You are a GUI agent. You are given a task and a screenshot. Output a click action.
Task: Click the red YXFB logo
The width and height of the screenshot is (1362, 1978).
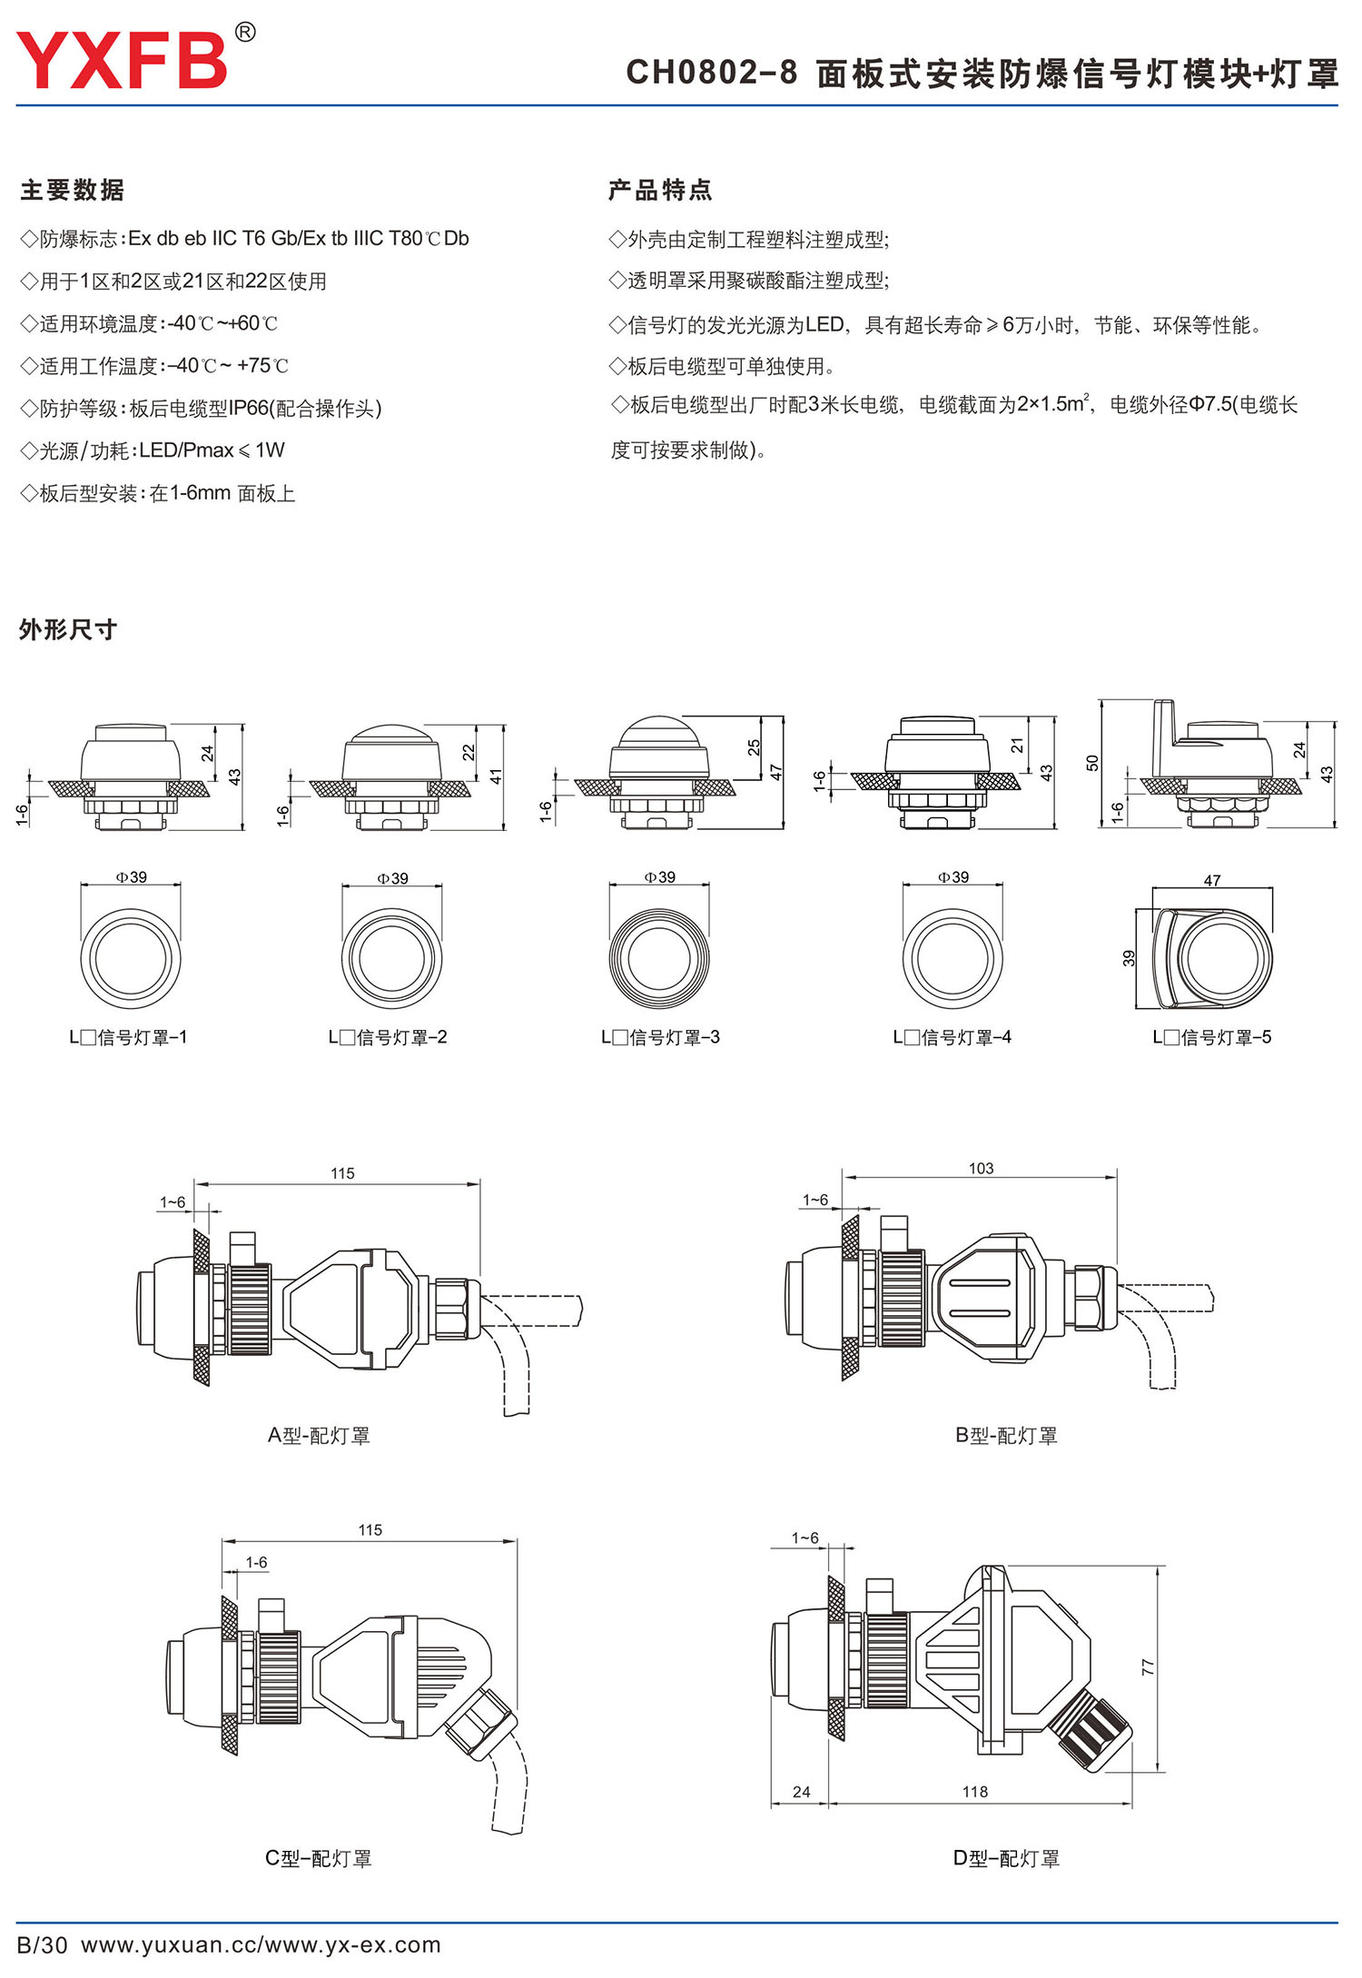point(122,61)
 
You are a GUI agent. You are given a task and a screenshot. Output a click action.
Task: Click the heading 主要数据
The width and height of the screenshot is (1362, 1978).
point(73,190)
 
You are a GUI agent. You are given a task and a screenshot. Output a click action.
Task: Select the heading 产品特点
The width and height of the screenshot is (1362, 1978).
point(660,190)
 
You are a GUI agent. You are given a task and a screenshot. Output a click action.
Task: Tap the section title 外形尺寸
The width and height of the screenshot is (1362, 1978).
point(68,629)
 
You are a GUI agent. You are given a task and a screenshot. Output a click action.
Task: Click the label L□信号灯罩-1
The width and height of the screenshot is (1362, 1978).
point(128,1037)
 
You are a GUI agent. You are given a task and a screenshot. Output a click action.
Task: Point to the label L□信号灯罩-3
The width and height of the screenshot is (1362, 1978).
point(660,1037)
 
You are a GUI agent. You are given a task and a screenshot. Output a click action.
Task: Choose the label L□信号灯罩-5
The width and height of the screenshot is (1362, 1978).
point(1212,1037)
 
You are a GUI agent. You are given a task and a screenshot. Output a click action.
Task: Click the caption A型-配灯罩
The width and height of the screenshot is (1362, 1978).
point(319,1436)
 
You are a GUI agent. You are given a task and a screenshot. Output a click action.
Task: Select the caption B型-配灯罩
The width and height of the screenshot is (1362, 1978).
point(1006,1436)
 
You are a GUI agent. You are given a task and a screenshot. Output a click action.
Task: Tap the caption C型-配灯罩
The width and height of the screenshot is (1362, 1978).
point(319,1858)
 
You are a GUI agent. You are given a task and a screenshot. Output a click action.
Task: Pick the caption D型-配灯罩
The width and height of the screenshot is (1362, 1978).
point(1006,1858)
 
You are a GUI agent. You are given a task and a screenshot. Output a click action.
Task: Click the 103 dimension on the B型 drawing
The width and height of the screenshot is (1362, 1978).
point(981,1168)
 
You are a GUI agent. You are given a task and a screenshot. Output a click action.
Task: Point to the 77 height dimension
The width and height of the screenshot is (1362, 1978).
point(1149,1667)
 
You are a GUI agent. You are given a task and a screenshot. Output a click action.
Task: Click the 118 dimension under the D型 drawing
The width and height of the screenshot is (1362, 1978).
point(975,1791)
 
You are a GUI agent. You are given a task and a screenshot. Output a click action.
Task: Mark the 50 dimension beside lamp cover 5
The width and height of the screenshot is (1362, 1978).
point(1092,763)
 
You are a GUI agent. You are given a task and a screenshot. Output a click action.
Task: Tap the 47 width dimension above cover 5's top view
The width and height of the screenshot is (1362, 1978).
point(1212,880)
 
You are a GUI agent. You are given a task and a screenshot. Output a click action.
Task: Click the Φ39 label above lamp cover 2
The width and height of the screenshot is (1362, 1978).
point(393,878)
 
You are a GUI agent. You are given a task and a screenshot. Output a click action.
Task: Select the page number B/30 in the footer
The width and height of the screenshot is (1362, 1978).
point(43,1944)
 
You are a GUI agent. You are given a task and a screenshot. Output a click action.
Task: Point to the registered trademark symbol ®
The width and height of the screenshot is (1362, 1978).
point(245,33)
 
